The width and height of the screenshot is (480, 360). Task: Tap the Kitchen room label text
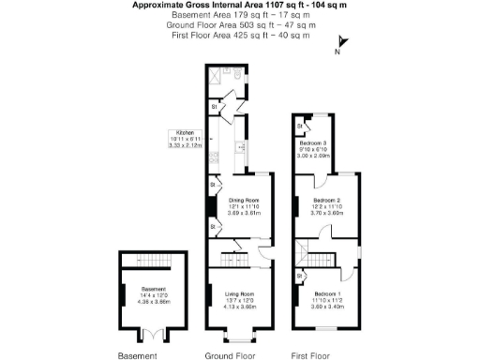click(x=180, y=132)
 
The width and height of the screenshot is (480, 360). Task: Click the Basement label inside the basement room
click(x=154, y=289)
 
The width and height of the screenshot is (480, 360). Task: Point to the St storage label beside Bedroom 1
click(x=300, y=277)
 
